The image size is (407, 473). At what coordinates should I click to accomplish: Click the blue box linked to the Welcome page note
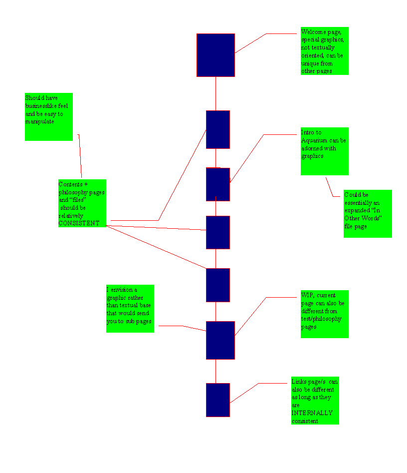click(x=215, y=55)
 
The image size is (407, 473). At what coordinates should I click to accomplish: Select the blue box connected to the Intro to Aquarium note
click(x=218, y=184)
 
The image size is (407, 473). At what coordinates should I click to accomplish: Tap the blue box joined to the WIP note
click(x=220, y=340)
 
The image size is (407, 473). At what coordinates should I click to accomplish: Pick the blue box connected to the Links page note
click(x=218, y=400)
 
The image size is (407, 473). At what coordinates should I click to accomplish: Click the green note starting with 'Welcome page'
click(x=324, y=51)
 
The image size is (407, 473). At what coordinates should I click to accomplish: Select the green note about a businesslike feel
click(x=49, y=116)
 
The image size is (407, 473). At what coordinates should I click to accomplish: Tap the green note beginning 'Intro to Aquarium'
click(x=324, y=151)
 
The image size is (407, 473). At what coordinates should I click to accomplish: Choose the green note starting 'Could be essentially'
click(x=368, y=213)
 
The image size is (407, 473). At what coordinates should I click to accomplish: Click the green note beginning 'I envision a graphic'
click(x=130, y=308)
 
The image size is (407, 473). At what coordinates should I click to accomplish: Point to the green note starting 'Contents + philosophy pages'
click(x=82, y=203)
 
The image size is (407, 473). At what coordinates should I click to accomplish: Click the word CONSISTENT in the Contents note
click(x=79, y=223)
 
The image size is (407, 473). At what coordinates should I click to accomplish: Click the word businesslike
click(x=46, y=106)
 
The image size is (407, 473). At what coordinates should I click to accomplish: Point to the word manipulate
click(x=40, y=121)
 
